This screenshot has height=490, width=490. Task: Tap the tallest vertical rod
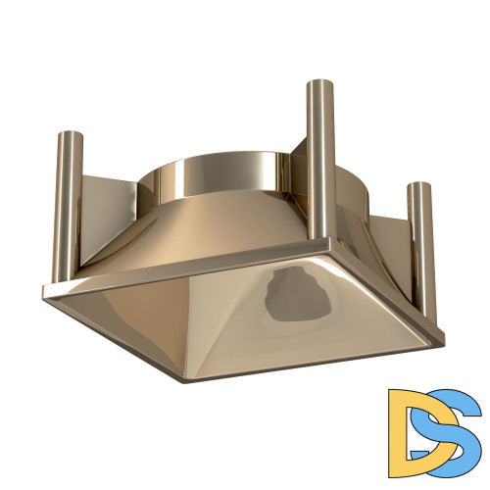320,157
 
